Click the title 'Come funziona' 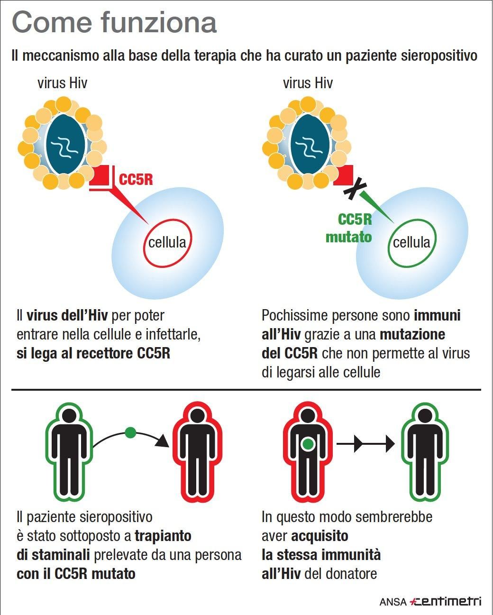coord(114,23)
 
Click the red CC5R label coord(136,180)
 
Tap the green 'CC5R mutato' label coord(349,228)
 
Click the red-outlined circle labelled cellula coord(167,243)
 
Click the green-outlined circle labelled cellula coord(411,243)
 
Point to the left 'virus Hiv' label coord(63,83)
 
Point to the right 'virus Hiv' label coord(308,83)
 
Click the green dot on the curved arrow coord(130,432)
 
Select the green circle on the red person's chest coord(308,444)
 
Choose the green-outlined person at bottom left coord(69,452)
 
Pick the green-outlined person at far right coord(425,452)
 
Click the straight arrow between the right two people coord(365,444)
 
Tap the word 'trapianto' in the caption coord(163,536)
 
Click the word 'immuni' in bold coord(437,315)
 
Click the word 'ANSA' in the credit coord(393,602)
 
